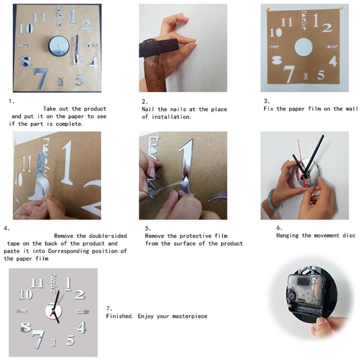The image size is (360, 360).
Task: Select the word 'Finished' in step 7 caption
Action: click(x=120, y=316)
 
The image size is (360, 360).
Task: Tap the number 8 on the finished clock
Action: click(x=26, y=327)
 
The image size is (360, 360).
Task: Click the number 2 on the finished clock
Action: click(x=79, y=295)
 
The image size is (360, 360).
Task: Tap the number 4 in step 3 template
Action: click(x=333, y=60)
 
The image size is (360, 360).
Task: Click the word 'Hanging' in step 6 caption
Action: click(x=288, y=235)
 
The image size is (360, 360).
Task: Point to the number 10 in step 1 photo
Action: click(x=26, y=28)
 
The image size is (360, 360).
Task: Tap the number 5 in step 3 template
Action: click(x=321, y=75)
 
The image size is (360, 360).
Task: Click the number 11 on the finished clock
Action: click(x=37, y=283)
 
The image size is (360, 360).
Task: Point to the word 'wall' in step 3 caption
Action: click(x=352, y=109)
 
